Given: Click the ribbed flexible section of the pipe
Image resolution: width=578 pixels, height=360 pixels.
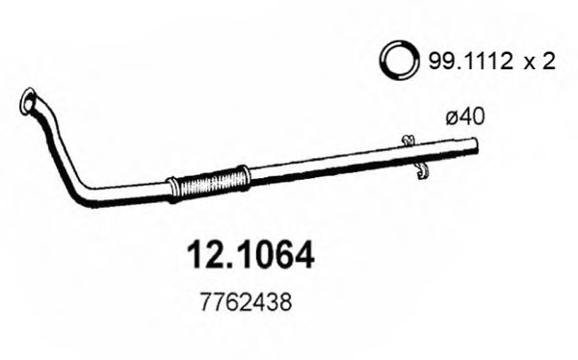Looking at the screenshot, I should [x=209, y=182].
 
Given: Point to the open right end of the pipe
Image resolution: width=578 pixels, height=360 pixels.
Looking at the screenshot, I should [x=476, y=146].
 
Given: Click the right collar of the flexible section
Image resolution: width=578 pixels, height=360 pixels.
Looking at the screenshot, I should [x=243, y=177].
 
